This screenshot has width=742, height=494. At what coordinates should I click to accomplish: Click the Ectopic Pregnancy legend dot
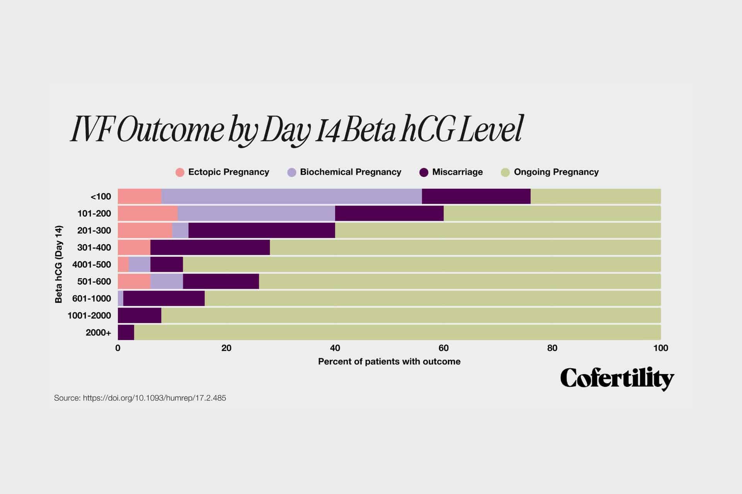coord(180,173)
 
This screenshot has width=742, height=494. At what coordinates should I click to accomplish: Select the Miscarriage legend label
coord(457,172)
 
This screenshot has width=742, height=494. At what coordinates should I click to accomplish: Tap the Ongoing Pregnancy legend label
coord(556,172)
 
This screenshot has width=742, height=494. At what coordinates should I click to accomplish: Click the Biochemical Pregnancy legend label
coord(350,172)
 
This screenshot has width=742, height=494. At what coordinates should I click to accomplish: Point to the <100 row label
coord(100,197)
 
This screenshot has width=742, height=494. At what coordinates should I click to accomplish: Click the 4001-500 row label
coord(92,265)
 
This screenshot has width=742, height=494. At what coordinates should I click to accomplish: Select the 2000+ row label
coord(98,333)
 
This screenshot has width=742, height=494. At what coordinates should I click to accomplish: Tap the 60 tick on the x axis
coord(443,348)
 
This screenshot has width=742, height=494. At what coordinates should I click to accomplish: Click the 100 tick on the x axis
coord(660,348)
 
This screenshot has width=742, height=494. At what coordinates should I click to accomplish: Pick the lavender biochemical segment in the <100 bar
coord(291,197)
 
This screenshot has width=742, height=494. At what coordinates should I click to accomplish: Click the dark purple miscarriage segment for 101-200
coord(389,214)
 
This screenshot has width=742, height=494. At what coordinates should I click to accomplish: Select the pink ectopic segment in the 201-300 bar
coord(145,231)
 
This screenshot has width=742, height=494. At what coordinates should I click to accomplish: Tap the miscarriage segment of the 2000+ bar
coord(126,333)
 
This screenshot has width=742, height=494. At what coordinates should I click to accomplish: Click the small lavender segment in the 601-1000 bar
coord(121,299)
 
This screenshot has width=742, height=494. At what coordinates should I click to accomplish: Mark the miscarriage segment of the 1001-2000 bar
coord(140,316)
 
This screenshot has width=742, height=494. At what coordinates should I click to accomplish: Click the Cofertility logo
coord(617,379)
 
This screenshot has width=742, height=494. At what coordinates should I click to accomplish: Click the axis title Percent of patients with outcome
coord(389,362)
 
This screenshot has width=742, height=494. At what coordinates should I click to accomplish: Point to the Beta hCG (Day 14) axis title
coord(59,264)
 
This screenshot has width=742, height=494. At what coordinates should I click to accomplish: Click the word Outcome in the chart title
coord(170,130)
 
